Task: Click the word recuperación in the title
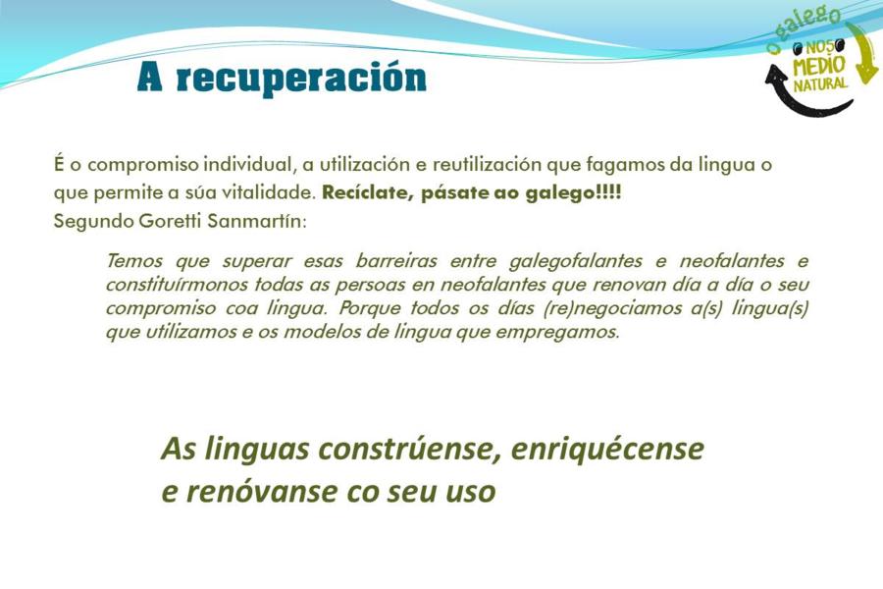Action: pos(301,79)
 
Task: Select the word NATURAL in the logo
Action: pos(820,84)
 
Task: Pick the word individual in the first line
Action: pos(250,165)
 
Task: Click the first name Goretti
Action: pos(170,220)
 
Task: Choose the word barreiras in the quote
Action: pos(396,261)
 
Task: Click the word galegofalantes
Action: pos(575,261)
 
